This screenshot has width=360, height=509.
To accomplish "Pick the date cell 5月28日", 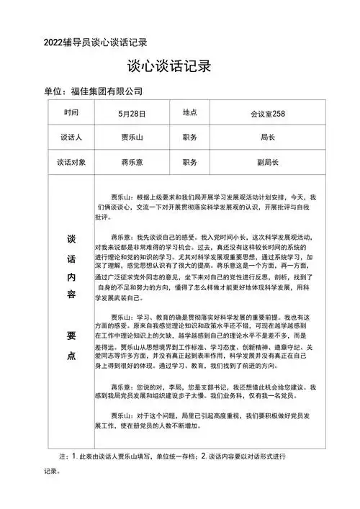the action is tap(132, 113).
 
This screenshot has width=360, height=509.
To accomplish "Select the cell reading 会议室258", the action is tap(269, 113).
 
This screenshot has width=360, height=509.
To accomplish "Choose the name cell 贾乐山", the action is tap(132, 137).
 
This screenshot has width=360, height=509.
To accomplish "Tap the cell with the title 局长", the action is tap(269, 137).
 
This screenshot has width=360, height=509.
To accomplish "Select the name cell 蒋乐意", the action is tap(132, 162).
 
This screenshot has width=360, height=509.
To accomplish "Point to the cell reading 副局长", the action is tap(269, 162).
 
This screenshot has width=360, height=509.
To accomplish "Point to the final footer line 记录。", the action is tap(55, 472).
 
